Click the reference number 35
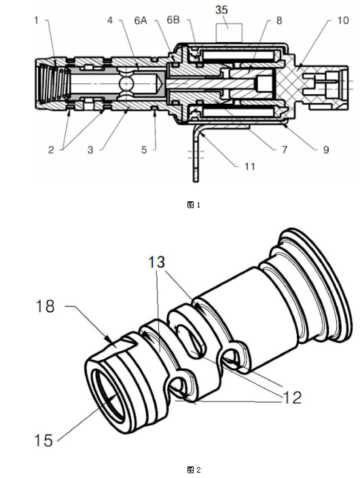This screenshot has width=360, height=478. click(221, 9)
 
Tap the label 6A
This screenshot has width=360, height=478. click(141, 20)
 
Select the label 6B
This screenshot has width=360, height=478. click(173, 20)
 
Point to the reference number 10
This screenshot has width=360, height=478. click(343, 20)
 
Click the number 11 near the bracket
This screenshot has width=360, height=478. click(249, 166)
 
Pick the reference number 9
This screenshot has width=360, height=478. click(326, 150)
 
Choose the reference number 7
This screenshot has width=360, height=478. click(285, 150)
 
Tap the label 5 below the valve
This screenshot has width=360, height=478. click(144, 150)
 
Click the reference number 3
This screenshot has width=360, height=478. click(90, 150)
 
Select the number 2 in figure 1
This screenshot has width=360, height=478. click(51, 150)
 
